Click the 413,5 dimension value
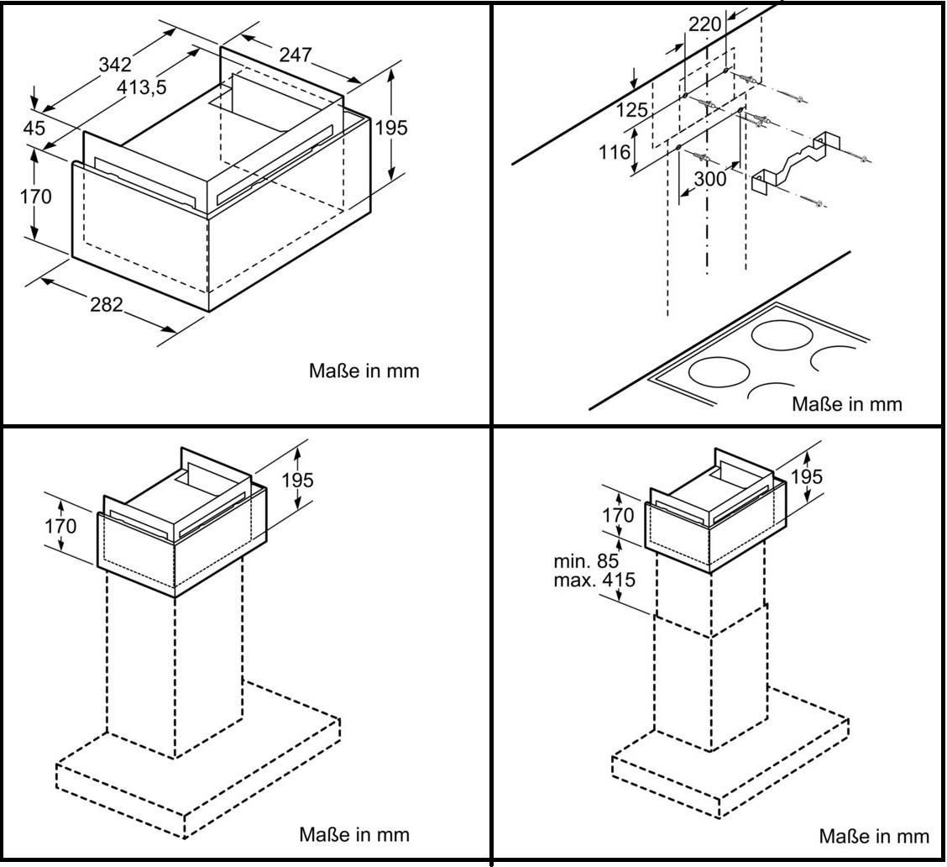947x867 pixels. point(141,87)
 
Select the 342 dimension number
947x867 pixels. point(115,64)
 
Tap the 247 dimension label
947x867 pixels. point(296,55)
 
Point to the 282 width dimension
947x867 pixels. point(107,304)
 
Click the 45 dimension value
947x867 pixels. point(34,128)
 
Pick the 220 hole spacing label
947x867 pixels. point(705,24)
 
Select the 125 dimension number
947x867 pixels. point(631,110)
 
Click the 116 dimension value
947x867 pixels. point(615,152)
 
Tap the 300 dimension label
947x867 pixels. point(710,179)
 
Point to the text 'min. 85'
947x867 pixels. point(586,561)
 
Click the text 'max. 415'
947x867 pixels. point(594,580)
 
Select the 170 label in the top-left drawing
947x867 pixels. point(35,197)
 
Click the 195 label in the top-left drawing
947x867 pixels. point(391,128)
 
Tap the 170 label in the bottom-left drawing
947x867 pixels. point(60,526)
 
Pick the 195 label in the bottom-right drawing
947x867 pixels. point(807,476)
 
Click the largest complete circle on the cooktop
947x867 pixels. point(783,334)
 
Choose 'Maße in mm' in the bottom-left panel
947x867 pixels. point(354,835)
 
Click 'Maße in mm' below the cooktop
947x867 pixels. point(847,404)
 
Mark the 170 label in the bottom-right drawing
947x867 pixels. point(618,515)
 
